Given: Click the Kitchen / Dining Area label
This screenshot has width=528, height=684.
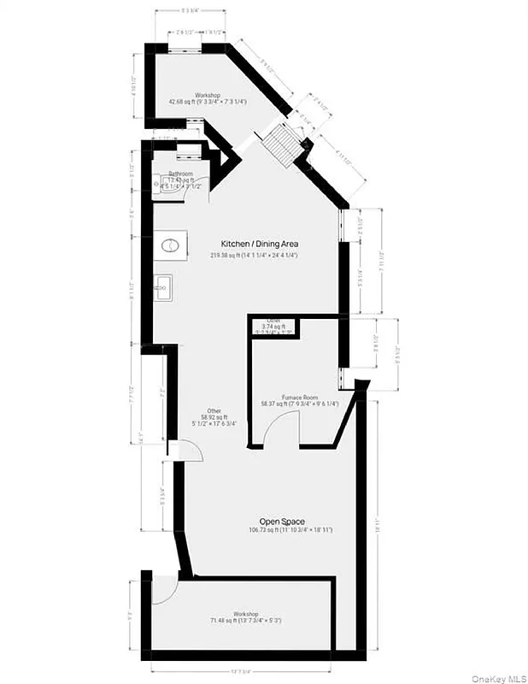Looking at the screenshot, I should coord(260,244).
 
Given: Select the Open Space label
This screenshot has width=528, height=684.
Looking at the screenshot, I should coord(283,521).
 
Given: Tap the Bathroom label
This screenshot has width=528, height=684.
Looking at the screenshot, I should coord(180,174).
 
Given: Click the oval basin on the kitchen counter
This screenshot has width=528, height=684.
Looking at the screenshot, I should coord(169,245).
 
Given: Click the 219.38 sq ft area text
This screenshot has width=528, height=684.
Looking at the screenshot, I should coord(255,256).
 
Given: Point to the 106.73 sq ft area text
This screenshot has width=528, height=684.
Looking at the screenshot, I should coord(283,530).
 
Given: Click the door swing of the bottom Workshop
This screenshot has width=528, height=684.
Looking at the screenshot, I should coord(165,591).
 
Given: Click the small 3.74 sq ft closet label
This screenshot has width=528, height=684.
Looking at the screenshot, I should coord(273,325).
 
